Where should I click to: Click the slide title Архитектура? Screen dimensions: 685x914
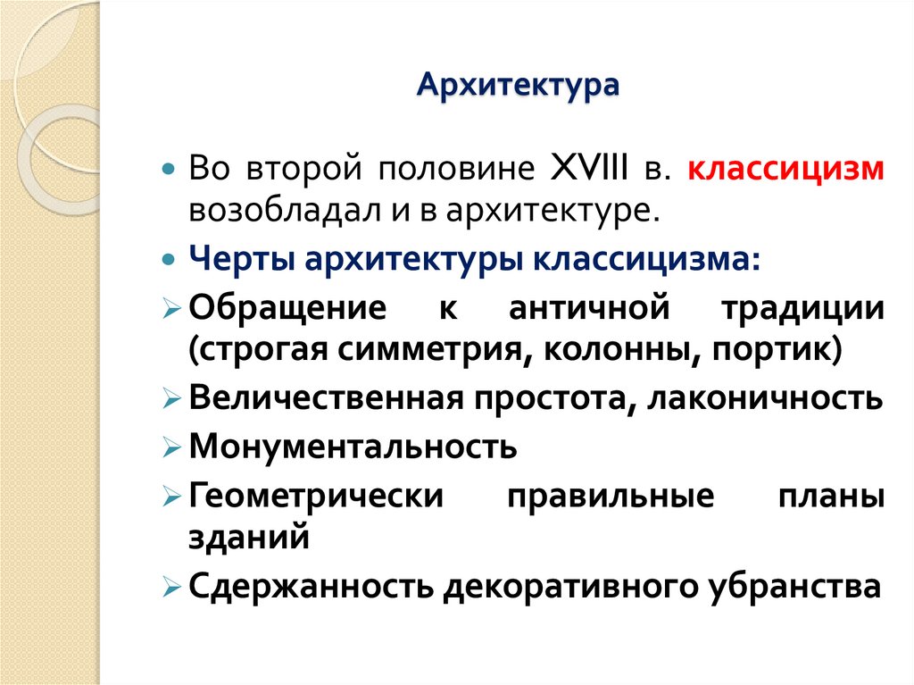pyautogui.click(x=519, y=87)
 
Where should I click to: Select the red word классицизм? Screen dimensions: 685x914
pyautogui.click(x=785, y=170)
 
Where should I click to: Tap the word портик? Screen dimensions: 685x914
pyautogui.click(x=775, y=349)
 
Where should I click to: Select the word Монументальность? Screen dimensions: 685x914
pyautogui.click(x=353, y=446)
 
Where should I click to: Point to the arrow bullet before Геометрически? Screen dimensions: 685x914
pyautogui.click(x=172, y=495)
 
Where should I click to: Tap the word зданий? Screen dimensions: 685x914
pyautogui.click(x=248, y=539)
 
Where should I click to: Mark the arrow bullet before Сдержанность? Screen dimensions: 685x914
pyautogui.click(x=172, y=588)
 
